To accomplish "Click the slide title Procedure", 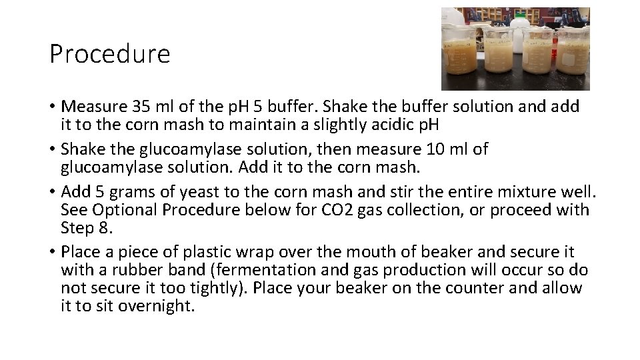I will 110,54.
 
